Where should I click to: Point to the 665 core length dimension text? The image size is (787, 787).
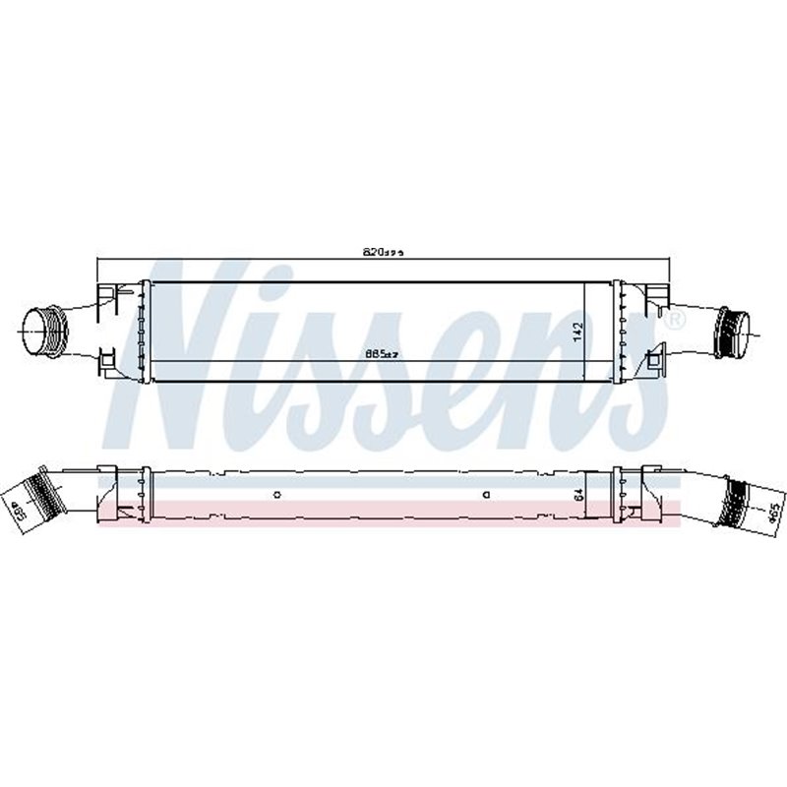tap(379, 353)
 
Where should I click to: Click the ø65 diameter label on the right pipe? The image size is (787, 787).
tap(773, 511)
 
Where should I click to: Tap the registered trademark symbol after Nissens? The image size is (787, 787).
tap(675, 321)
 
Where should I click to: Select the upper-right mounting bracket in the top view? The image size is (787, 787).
tap(654, 293)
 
